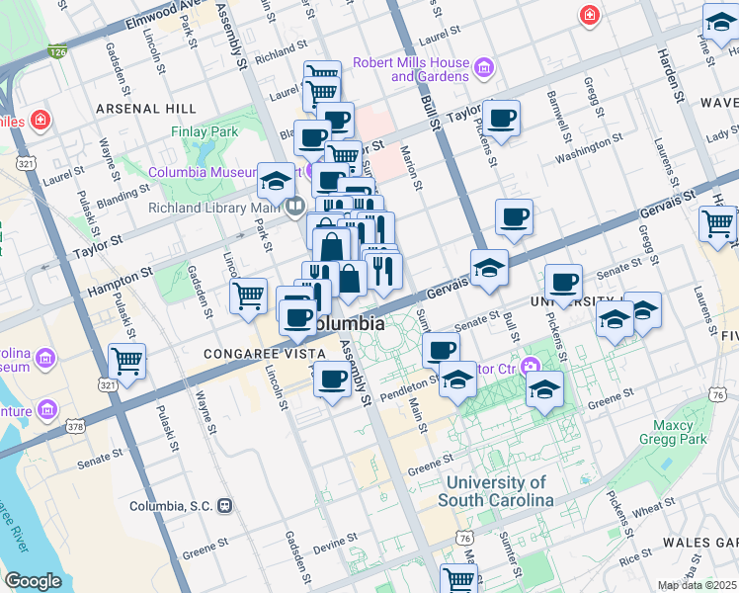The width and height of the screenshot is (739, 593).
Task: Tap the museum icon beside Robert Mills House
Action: click(484, 68)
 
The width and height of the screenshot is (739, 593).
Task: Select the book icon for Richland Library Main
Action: click(294, 208)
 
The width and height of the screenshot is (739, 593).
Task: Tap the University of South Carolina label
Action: click(495, 491)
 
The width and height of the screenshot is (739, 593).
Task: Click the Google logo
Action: click(33, 581)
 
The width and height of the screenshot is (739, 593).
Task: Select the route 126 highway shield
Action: click(59, 49)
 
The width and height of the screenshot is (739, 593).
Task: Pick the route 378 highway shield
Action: click(75, 427)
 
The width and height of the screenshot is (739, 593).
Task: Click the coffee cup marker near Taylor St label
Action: click(501, 117)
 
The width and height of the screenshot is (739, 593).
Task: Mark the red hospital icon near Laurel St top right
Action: click(590, 15)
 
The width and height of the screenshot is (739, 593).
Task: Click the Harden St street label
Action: click(669, 76)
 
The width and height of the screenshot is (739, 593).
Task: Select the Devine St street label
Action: click(337, 543)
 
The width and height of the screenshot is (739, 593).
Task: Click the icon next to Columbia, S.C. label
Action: click(225, 506)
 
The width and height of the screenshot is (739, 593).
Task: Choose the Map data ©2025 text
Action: click(698, 585)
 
